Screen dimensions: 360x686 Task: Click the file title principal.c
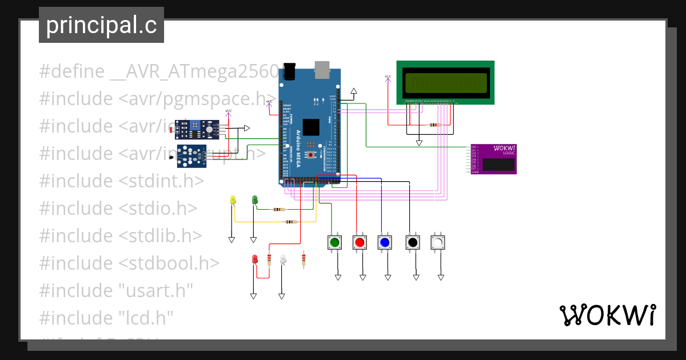pyautogui.click(x=101, y=25)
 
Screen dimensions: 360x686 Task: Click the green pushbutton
pyautogui.click(x=334, y=243)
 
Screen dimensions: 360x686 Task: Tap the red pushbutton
pyautogui.click(x=360, y=243)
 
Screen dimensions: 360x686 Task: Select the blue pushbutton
pyautogui.click(x=385, y=243)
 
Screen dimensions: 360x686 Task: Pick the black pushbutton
pyautogui.click(x=412, y=243)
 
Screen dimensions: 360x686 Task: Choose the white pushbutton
pyautogui.click(x=438, y=243)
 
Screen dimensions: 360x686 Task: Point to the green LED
pyautogui.click(x=254, y=200)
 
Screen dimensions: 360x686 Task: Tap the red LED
pyautogui.click(x=255, y=259)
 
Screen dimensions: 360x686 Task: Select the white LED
pyautogui.click(x=282, y=259)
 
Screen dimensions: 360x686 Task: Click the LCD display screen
pyautogui.click(x=446, y=82)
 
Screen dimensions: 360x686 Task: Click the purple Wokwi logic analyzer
pyautogui.click(x=493, y=159)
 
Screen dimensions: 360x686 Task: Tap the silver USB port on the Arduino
pyautogui.click(x=322, y=69)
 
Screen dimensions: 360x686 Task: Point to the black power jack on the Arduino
pyautogui.click(x=291, y=70)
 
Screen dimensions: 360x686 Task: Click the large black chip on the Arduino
pyautogui.click(x=312, y=127)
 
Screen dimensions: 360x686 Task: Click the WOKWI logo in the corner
pyautogui.click(x=607, y=315)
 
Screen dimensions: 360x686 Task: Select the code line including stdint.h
pyautogui.click(x=121, y=181)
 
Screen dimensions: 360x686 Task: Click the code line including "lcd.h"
pyautogui.click(x=106, y=317)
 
